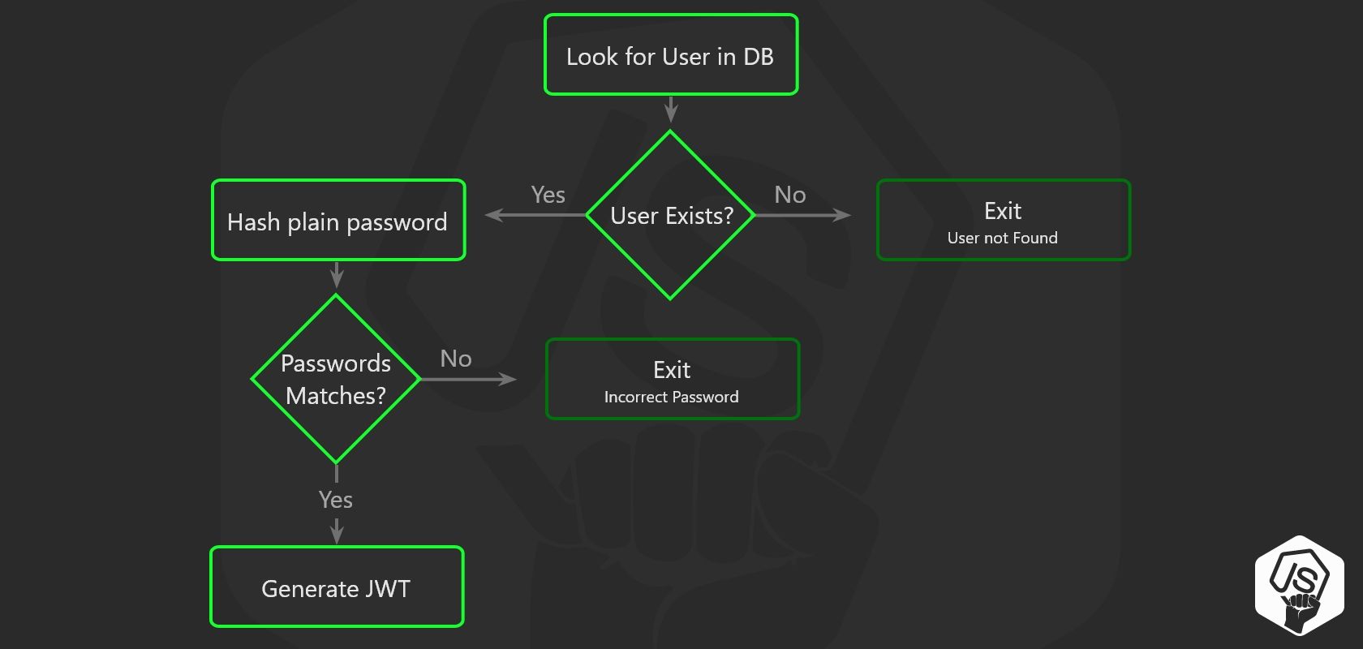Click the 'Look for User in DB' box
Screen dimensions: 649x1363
(670, 54)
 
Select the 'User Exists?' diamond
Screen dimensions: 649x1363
(670, 216)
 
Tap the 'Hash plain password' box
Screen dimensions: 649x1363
(338, 221)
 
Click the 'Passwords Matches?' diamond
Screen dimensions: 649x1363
(335, 379)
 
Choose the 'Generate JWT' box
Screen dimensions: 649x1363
(336, 587)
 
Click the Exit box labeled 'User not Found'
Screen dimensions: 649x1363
(1003, 221)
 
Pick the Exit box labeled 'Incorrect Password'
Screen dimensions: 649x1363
(672, 380)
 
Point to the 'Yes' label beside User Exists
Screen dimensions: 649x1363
(548, 195)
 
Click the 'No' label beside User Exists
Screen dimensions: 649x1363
(789, 195)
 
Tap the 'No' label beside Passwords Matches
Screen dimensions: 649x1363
(455, 359)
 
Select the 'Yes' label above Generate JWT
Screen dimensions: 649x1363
(335, 500)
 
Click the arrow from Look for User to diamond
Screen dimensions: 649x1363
(671, 110)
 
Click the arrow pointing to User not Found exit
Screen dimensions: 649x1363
(803, 215)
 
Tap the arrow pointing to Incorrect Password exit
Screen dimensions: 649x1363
(469, 379)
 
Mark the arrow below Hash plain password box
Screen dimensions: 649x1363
(337, 274)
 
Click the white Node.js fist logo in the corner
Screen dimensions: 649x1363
(1299, 585)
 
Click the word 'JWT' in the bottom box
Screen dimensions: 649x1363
(388, 588)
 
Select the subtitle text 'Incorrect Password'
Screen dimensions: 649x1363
(671, 398)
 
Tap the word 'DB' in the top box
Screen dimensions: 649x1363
(758, 57)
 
